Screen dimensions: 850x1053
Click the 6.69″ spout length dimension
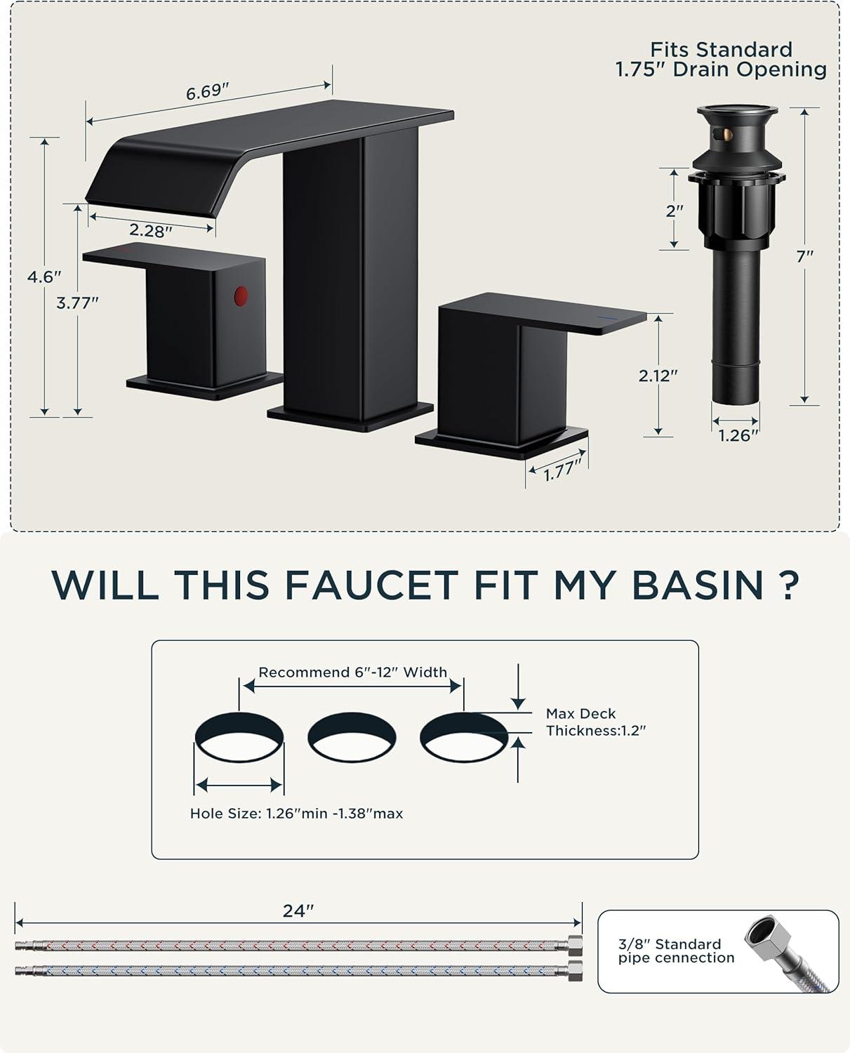pos(207,92)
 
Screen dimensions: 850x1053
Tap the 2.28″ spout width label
pos(151,230)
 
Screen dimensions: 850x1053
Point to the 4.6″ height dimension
pos(44,277)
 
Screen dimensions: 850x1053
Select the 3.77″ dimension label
pos(78,303)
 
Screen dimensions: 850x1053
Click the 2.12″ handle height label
pos(658,376)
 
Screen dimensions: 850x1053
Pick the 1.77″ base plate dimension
pos(563,470)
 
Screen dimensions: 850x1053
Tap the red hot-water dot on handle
pos(241,296)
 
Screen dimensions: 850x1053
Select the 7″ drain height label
pos(804,256)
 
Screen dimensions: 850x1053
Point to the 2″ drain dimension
pos(674,211)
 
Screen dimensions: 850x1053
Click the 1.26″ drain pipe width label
pos(738,435)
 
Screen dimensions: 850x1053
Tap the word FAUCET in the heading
pos(371,585)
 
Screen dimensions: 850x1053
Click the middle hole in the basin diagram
pos(352,737)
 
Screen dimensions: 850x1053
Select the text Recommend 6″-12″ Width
pos(353,673)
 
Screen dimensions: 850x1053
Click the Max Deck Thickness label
pos(596,722)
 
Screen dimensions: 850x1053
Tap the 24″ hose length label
pos(298,910)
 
